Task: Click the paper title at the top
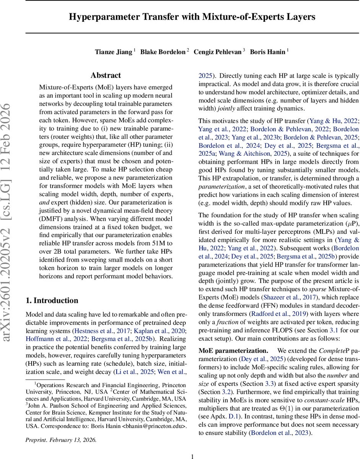(x=192, y=17)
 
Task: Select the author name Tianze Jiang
(x=113, y=52)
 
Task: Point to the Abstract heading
(x=106, y=75)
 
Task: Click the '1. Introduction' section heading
(x=52, y=300)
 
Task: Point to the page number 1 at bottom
(x=193, y=456)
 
